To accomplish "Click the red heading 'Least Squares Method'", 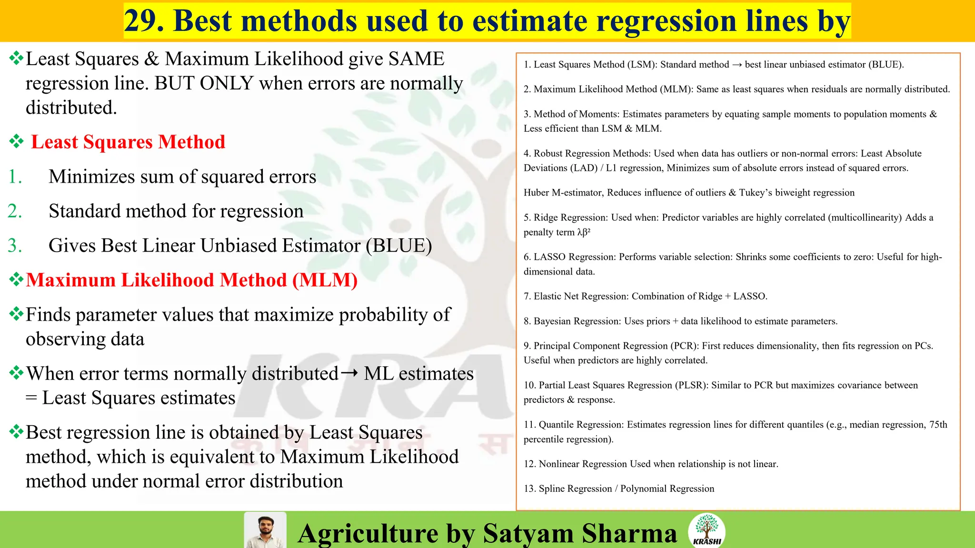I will [128, 142].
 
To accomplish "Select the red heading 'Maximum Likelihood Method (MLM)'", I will [191, 280].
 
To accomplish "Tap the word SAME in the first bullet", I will [416, 59].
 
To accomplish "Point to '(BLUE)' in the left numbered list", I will [399, 245].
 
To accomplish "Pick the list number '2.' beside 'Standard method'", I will [15, 211].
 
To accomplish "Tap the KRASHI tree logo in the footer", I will [706, 530].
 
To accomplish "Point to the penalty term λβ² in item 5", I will [584, 232].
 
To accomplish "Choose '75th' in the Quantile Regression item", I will [938, 424].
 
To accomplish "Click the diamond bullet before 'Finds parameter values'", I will [16, 314].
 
